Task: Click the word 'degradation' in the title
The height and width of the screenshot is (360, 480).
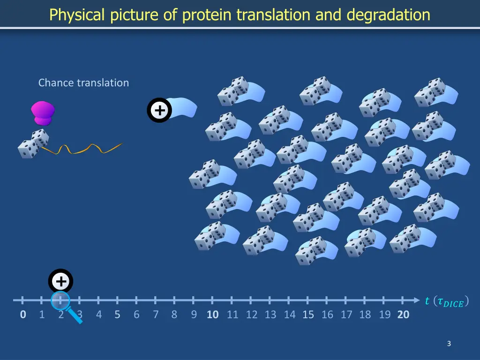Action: pyautogui.click(x=388, y=15)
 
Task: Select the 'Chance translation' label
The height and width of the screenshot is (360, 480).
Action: pyautogui.click(x=83, y=83)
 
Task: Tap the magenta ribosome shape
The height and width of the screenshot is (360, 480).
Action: pyautogui.click(x=43, y=113)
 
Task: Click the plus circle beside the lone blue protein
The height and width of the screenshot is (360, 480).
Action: pyautogui.click(x=159, y=111)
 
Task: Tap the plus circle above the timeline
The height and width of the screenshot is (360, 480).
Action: pyautogui.click(x=60, y=282)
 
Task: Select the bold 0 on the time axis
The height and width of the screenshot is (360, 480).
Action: pyautogui.click(x=23, y=315)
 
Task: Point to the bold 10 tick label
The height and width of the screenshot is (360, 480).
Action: pyautogui.click(x=213, y=315)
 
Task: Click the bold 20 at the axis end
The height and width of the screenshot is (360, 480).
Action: pyautogui.click(x=403, y=315)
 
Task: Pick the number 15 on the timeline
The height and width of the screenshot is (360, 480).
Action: pyautogui.click(x=308, y=315)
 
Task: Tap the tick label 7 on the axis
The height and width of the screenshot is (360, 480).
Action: pyautogui.click(x=156, y=315)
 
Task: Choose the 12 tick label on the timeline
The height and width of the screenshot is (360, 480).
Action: pyautogui.click(x=252, y=315)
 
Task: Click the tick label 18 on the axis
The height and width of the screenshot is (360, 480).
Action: pyautogui.click(x=365, y=315)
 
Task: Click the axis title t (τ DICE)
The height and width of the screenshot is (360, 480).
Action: pyautogui.click(x=446, y=301)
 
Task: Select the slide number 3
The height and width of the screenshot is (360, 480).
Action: pyautogui.click(x=449, y=344)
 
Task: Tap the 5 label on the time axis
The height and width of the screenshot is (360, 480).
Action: pyautogui.click(x=117, y=315)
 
